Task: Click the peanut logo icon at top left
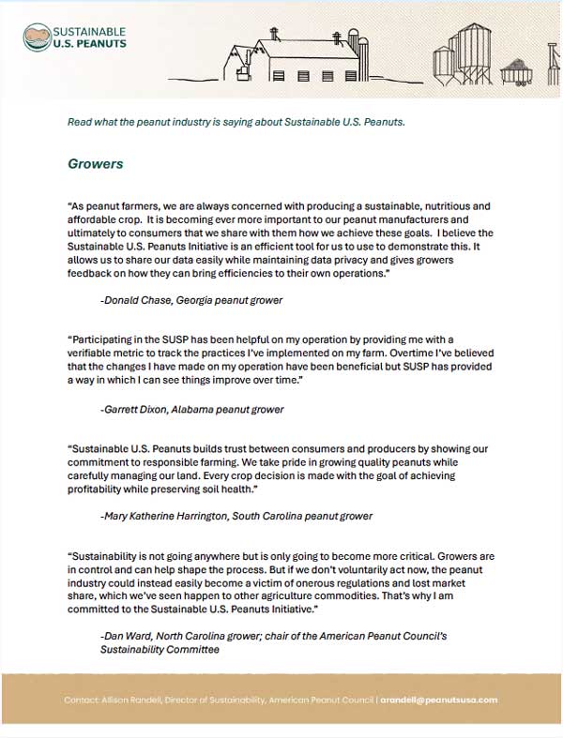click(37, 38)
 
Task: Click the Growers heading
click(95, 164)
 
